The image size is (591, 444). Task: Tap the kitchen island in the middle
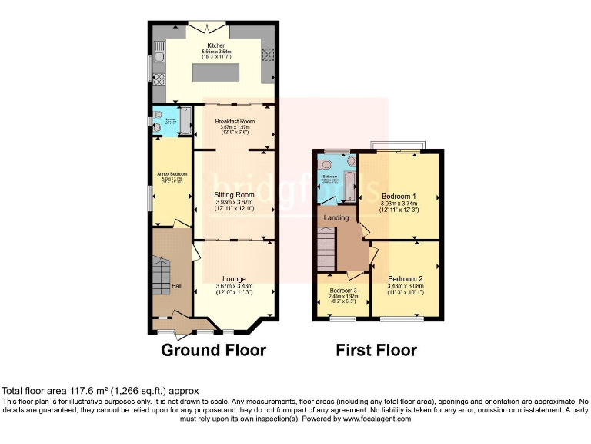click(215, 74)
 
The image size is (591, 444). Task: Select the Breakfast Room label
click(235, 121)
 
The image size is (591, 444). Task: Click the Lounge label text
click(234, 278)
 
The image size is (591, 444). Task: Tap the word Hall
click(176, 287)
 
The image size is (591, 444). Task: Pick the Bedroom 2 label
click(406, 278)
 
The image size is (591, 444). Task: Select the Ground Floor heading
click(213, 350)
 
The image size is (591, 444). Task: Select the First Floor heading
click(376, 350)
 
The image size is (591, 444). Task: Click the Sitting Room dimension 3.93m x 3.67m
click(234, 203)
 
